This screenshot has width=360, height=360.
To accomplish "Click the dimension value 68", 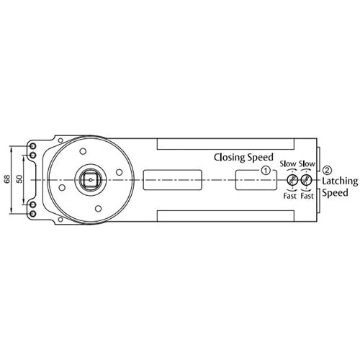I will (7, 179).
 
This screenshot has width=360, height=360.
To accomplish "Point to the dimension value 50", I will (19, 179).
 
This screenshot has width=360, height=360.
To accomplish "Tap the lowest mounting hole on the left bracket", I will (32, 214).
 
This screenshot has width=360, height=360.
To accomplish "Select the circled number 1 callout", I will (266, 171).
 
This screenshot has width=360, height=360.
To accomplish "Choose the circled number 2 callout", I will (328, 171).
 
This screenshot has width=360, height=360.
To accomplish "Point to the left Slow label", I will (288, 163).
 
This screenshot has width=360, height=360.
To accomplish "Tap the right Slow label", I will (307, 163).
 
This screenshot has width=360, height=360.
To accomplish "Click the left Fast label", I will (289, 195).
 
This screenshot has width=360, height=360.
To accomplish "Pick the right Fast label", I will (307, 195).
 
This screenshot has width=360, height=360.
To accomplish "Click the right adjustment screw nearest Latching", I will (307, 179).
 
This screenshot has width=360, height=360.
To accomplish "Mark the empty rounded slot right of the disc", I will (172, 179).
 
